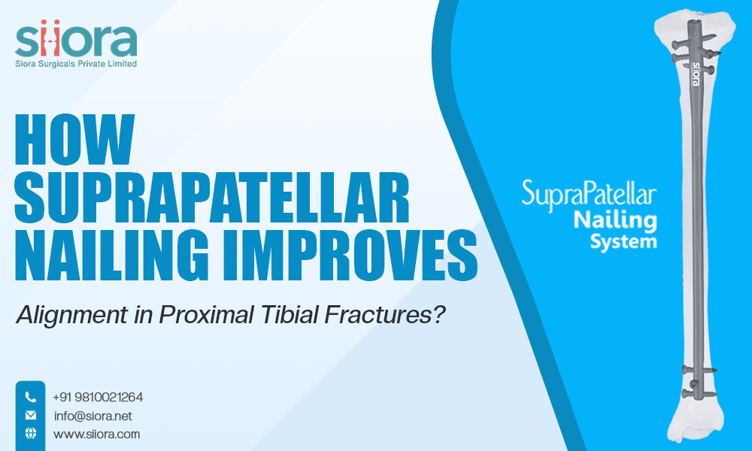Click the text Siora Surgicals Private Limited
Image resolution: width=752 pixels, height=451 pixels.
76,65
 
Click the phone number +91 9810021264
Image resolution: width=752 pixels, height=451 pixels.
98,397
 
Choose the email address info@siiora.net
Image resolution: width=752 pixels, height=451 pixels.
87,416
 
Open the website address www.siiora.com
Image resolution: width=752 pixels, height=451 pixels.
96,434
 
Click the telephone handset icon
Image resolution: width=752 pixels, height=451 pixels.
31,397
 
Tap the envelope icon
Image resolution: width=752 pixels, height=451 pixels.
31,415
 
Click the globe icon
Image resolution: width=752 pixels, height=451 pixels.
31,434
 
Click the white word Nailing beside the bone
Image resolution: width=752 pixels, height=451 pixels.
615,220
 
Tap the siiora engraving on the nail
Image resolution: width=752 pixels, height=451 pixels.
696,75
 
